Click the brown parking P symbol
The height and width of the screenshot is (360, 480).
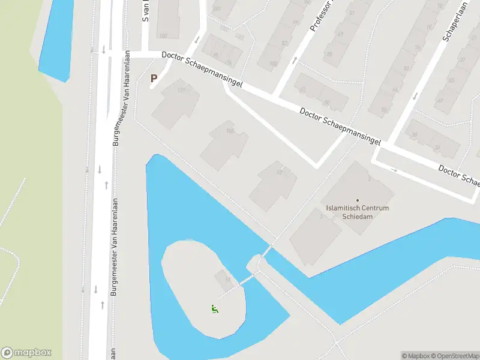point(154,78)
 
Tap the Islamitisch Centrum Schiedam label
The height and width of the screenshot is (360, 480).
point(358,212)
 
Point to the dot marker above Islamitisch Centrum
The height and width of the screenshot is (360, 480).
point(358,200)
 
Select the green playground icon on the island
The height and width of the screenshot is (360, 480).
point(214,309)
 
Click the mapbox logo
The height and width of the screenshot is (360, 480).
point(26,353)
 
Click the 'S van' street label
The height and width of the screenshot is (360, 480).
point(145,11)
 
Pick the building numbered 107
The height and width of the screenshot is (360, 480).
point(180,90)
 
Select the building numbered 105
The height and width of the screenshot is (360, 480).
point(229,131)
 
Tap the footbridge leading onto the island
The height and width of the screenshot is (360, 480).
point(247,279)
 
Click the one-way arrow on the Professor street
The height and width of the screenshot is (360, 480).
point(295,59)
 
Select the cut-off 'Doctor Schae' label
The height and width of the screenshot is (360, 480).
point(459,175)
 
